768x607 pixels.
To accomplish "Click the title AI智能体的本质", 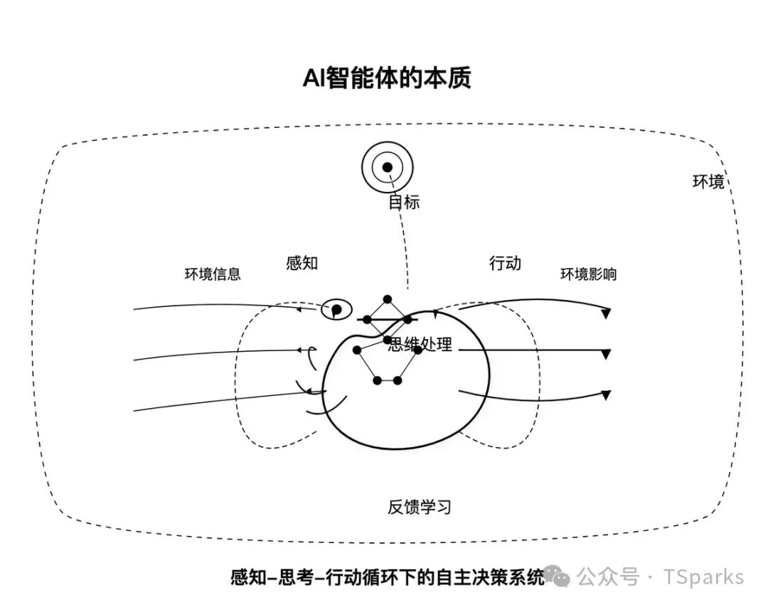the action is coord(386,78).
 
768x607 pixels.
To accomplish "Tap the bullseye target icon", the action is coord(387,168).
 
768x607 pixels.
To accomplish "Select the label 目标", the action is coord(403,202).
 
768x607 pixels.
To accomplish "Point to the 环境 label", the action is coord(708,181).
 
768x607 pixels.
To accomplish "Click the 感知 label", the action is coord(302,263).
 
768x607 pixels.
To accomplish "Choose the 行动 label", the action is coord(505,263).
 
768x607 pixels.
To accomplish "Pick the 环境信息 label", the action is coord(213,274).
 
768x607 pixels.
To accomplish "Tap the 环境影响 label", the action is coord(588,274).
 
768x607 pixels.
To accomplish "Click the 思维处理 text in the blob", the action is coord(420,345).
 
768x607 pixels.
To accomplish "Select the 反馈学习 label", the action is coord(420,507).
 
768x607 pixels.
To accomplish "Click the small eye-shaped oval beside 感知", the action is coord(337,309).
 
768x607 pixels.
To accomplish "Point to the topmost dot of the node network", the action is coord(388,299).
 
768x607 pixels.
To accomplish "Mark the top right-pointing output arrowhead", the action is coord(606,313).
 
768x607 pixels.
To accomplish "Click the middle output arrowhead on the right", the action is coord(606,353).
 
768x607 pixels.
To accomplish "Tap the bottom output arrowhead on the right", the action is coord(606,394).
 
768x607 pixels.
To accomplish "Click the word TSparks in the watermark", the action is coord(704,576).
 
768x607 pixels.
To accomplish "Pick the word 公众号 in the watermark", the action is coord(607,576).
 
